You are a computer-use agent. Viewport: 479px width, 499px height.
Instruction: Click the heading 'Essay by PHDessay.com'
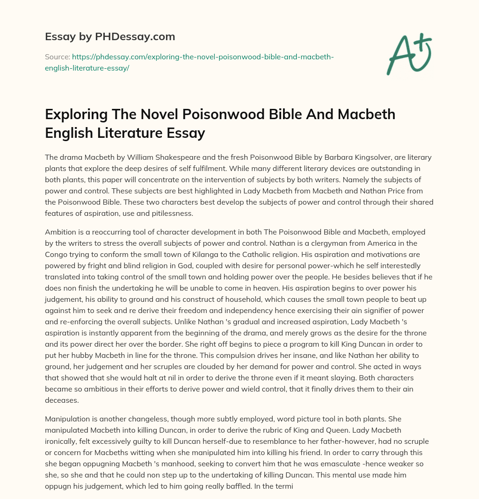pyautogui.click(x=110, y=36)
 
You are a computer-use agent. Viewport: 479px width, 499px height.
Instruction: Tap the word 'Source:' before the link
pyautogui.click(x=57, y=57)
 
